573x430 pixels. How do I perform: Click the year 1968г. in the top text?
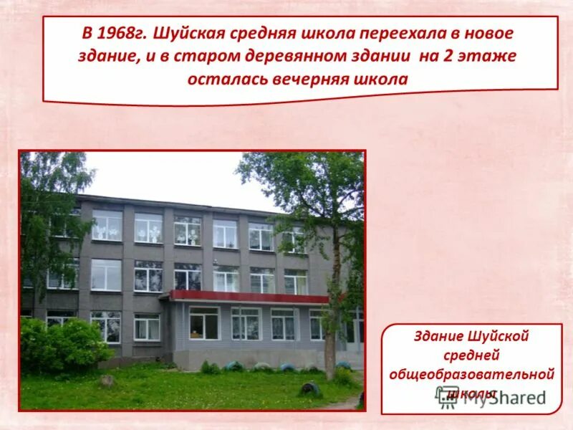click(122, 34)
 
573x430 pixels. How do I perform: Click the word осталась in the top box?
click(226, 79)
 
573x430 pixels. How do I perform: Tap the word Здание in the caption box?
click(438, 336)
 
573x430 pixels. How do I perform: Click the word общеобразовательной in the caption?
click(471, 374)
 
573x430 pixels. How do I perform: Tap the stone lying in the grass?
click(107, 381)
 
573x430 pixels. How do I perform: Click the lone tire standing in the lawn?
click(309, 388)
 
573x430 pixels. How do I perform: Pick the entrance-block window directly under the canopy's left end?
click(204, 322)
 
